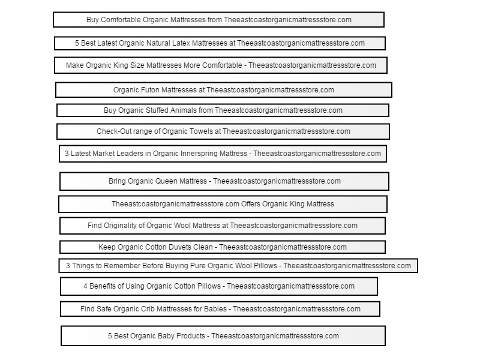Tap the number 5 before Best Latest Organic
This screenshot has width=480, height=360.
[x=77, y=43]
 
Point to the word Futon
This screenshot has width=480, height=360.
[x=150, y=90]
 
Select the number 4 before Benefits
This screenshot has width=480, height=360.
[x=85, y=286]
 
